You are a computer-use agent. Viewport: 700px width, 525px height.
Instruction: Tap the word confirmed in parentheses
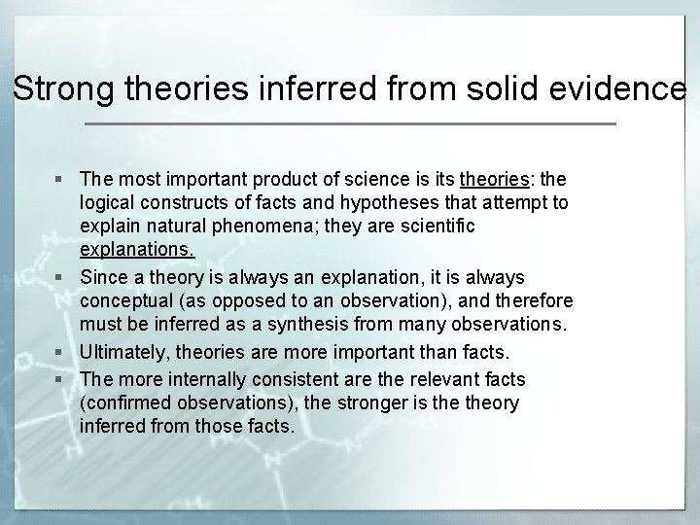click(123, 402)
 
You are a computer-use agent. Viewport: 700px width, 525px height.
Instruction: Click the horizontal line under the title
click(350, 124)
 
